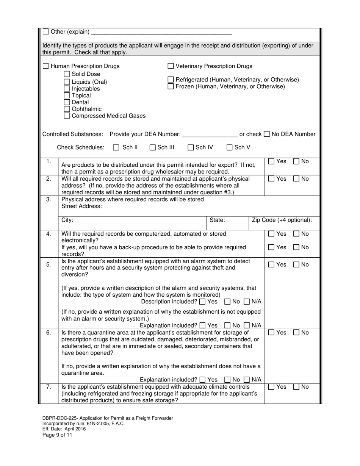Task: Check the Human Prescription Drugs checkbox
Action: click(x=45, y=66)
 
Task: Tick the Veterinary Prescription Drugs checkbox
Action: click(x=171, y=66)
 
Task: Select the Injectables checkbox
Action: click(x=67, y=89)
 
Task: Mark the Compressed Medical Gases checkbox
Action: click(x=67, y=116)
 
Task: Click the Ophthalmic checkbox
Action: click(x=67, y=109)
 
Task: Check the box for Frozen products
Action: click(x=171, y=86)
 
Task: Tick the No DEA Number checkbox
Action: click(x=267, y=134)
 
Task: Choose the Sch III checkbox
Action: click(x=152, y=148)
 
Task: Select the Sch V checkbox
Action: click(x=229, y=148)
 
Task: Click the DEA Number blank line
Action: click(x=210, y=134)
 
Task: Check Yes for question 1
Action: click(x=271, y=162)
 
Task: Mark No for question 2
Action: click(x=297, y=179)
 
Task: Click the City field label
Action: click(x=67, y=220)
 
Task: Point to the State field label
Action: click(x=217, y=220)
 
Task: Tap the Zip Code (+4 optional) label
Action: click(x=282, y=220)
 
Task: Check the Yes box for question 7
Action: click(x=271, y=387)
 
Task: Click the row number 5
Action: click(x=49, y=264)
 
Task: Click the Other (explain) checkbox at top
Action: click(x=46, y=32)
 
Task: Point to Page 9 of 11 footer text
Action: click(x=57, y=435)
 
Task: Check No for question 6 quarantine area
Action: click(x=297, y=333)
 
